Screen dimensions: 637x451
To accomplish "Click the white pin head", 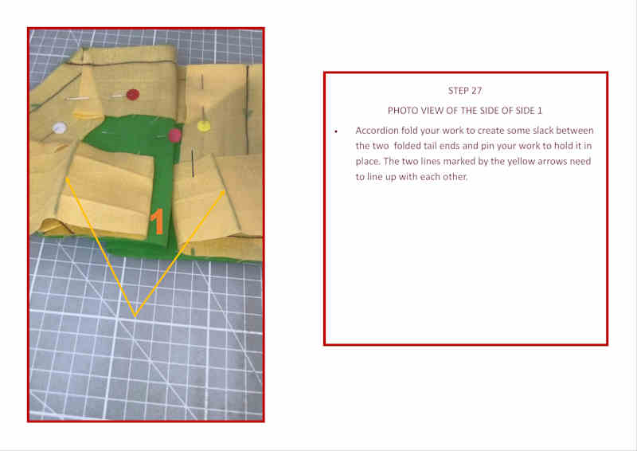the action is pos(59,128).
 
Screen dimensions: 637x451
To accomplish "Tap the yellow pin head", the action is pos(204,126).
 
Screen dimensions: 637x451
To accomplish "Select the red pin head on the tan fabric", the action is pos(132,95).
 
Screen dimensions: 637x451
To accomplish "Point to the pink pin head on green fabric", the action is pos(174,135).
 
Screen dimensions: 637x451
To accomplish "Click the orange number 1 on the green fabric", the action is pos(157,222).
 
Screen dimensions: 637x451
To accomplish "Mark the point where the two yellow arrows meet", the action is pos(135,316).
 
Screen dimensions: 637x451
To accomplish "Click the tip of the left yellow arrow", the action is pos(66,178).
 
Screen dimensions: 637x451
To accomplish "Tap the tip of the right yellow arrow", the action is pos(225,190).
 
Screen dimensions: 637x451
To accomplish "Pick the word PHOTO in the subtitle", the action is pos(401,111).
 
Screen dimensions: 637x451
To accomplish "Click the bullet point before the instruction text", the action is pos(336,131).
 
